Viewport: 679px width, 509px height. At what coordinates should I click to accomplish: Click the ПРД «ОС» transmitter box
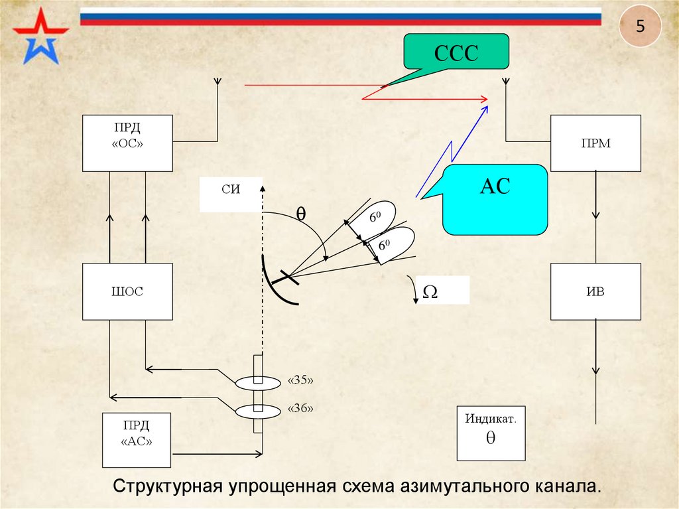127,143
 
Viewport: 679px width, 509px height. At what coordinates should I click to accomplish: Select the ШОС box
127,291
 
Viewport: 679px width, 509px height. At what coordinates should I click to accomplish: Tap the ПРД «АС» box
136,439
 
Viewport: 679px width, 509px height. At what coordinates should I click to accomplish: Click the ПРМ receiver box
595,143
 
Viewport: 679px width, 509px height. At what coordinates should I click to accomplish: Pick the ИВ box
595,291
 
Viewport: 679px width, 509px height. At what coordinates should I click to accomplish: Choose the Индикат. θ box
491,433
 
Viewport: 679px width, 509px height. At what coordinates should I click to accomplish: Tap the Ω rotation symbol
430,291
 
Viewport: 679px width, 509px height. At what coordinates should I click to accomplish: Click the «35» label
300,381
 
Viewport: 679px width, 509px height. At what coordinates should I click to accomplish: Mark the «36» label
300,409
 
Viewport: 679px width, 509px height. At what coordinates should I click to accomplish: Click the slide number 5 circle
640,28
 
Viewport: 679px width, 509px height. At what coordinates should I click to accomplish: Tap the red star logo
40,36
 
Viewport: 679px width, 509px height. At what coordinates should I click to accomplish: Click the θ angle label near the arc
300,214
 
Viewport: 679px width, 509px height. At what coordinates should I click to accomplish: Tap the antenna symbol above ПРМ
505,82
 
